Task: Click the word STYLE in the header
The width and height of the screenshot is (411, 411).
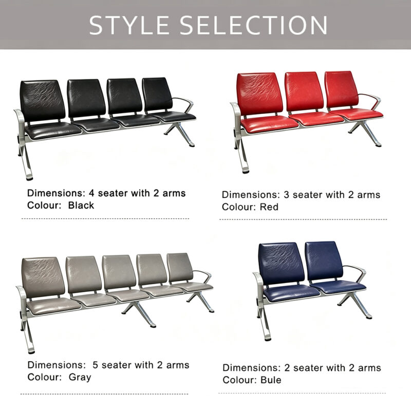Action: click(x=129, y=25)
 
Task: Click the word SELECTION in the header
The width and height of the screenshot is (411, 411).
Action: click(x=253, y=25)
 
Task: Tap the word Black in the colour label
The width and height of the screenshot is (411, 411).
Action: click(x=81, y=205)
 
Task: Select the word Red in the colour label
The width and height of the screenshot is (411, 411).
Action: click(x=269, y=207)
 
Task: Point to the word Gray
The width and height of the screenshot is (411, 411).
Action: click(x=80, y=378)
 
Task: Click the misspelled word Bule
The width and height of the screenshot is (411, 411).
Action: click(x=271, y=380)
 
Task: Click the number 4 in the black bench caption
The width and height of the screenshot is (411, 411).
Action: click(x=91, y=193)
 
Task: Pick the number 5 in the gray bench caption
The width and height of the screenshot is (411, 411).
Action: click(x=95, y=365)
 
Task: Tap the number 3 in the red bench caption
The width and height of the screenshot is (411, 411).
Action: click(x=287, y=195)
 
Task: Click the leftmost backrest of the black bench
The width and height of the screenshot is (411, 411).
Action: click(x=43, y=100)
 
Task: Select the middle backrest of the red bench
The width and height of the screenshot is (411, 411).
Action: click(x=304, y=91)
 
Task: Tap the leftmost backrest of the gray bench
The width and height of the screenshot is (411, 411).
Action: click(x=43, y=277)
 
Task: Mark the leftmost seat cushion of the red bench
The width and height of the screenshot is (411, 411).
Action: click(x=269, y=124)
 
